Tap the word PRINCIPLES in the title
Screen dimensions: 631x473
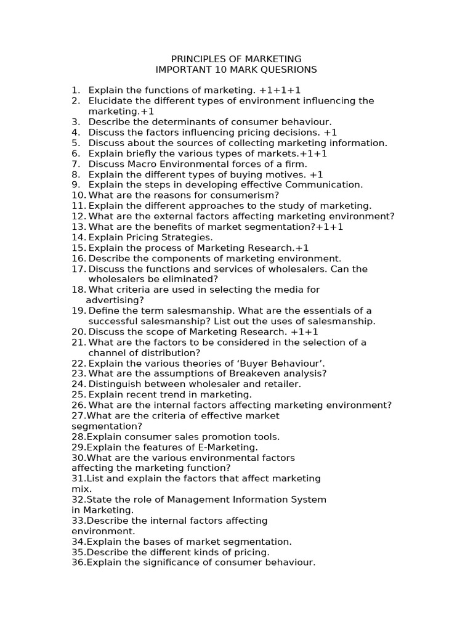(x=196, y=59)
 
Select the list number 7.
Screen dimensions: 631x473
(x=76, y=164)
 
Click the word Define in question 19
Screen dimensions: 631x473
(x=103, y=311)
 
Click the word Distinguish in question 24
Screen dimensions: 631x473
(x=114, y=384)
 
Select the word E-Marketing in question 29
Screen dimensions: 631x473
(x=228, y=447)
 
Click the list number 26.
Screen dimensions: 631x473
(x=78, y=405)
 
